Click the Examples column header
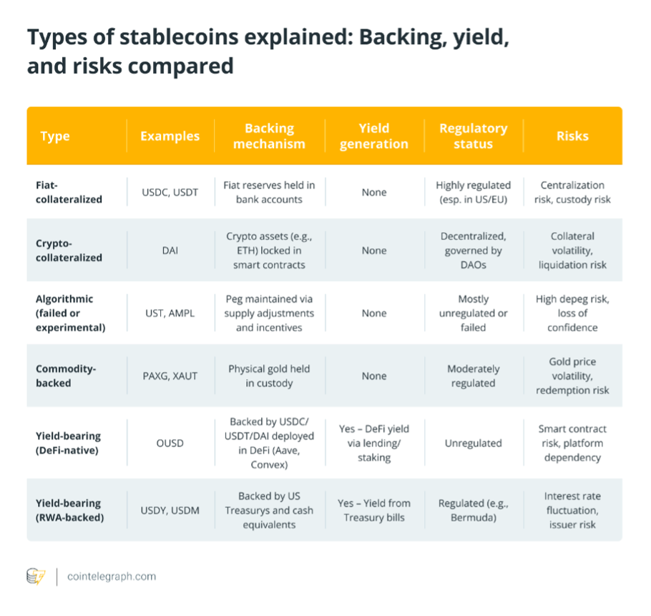coord(170,136)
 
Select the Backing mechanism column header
coord(270,136)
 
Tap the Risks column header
coord(572,136)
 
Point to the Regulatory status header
coord(473,136)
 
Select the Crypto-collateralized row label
coord(69,250)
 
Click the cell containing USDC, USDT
coord(170,192)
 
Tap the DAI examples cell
coord(170,250)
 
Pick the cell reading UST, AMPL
coord(170,313)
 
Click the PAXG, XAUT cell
coord(170,376)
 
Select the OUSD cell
coord(170,443)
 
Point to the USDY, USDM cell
coord(170,510)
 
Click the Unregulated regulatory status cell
coord(473,443)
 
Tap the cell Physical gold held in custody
coord(269,376)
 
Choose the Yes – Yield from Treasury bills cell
coord(373,510)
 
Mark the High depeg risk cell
coord(572,313)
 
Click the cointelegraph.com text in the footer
coord(111,576)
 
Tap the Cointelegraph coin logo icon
coord(36,576)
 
